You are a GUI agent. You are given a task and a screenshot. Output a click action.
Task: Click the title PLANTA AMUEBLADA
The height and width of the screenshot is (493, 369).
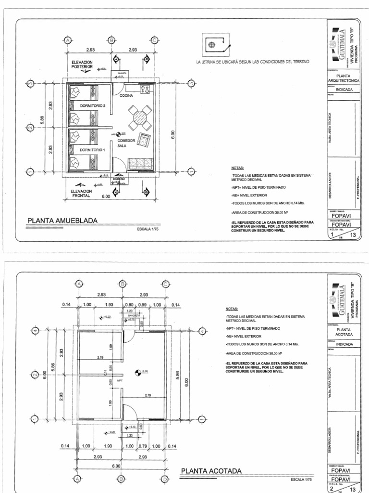coord(62,221)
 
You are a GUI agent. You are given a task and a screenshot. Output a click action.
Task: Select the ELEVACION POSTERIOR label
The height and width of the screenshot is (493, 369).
coord(82,65)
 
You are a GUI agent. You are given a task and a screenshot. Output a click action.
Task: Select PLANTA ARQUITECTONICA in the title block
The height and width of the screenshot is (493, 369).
coord(343,78)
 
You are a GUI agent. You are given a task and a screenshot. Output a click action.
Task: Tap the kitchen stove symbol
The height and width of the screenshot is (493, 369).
coord(143,89)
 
